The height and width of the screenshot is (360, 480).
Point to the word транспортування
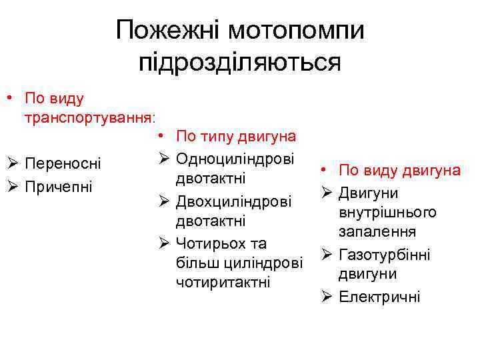(87, 117)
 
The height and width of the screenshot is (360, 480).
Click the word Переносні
(63, 163)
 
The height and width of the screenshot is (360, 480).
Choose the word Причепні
(57, 185)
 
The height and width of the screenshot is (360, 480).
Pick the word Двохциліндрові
(233, 201)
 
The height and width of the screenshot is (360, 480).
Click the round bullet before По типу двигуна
(163, 137)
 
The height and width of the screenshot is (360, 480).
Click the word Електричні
(379, 296)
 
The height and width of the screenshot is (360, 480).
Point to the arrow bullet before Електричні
(327, 296)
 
